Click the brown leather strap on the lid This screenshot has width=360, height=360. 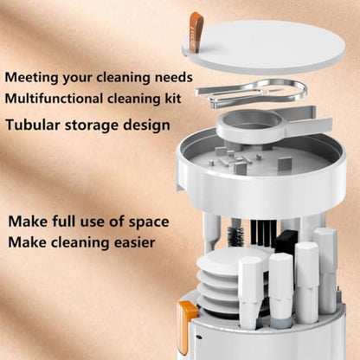196,32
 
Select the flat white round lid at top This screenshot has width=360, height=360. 264,47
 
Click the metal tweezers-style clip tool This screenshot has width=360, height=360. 250,93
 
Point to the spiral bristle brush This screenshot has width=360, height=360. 235,235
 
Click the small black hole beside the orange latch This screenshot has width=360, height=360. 198,337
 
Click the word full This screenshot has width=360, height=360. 64,222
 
